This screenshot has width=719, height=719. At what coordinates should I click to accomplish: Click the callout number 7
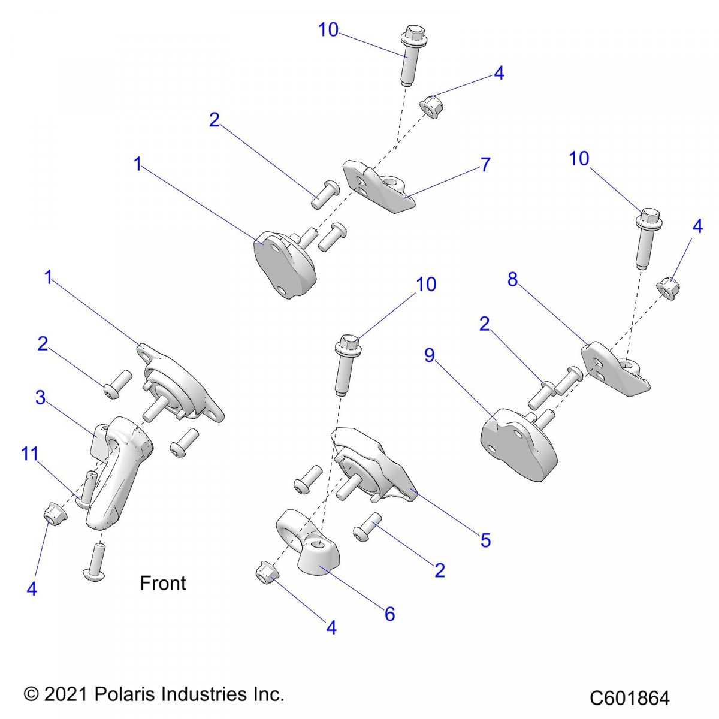485,164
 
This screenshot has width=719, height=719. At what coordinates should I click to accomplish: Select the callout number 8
513,279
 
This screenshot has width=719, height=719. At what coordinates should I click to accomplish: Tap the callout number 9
430,355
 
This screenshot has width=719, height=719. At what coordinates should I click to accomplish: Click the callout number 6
390,614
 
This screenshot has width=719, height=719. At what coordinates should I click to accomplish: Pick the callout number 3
40,397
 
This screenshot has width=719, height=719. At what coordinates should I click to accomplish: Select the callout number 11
30,454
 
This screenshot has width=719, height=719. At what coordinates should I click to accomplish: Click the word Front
162,583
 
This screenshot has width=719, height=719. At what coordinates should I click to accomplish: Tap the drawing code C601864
629,698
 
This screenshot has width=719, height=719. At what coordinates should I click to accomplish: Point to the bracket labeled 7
380,186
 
